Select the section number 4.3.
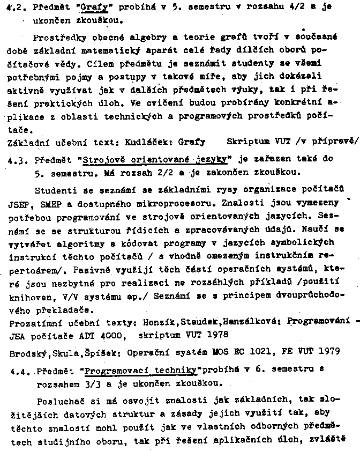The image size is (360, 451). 16,159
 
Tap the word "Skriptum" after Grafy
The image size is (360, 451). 246,142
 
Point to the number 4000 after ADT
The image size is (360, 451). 111,335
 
